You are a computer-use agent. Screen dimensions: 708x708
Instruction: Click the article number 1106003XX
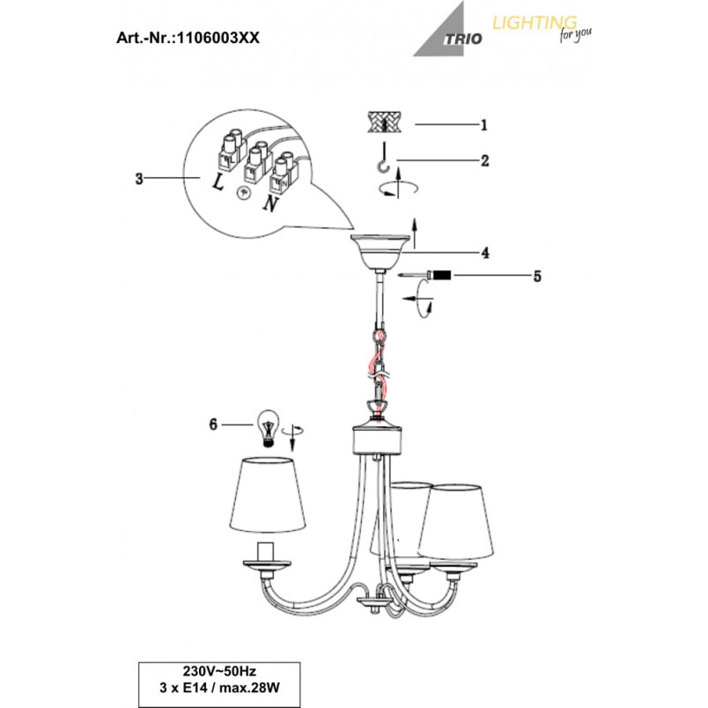click(x=218, y=38)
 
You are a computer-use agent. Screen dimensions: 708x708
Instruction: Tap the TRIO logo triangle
click(x=445, y=33)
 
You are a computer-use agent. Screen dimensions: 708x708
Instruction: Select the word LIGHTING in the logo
click(x=535, y=23)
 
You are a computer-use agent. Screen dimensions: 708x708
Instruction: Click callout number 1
click(x=484, y=125)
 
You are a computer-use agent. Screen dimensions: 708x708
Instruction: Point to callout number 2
click(x=485, y=160)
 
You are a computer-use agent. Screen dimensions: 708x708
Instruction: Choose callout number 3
click(x=139, y=179)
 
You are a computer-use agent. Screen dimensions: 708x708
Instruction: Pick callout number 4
click(x=485, y=253)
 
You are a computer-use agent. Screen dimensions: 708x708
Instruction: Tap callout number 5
click(x=537, y=276)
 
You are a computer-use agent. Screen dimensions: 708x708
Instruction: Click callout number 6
click(x=213, y=424)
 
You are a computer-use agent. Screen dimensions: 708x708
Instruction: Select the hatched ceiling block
click(x=384, y=122)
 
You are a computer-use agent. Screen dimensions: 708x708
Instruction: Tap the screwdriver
click(x=425, y=275)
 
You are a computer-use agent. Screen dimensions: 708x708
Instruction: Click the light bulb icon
click(x=269, y=428)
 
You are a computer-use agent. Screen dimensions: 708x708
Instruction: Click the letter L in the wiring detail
click(x=218, y=182)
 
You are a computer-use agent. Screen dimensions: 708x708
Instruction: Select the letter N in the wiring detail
click(x=270, y=203)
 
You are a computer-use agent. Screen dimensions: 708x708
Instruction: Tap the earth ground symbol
click(x=243, y=193)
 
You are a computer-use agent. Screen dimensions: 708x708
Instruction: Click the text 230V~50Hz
click(x=219, y=671)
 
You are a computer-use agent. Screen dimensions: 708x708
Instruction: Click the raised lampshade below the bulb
click(x=268, y=495)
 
